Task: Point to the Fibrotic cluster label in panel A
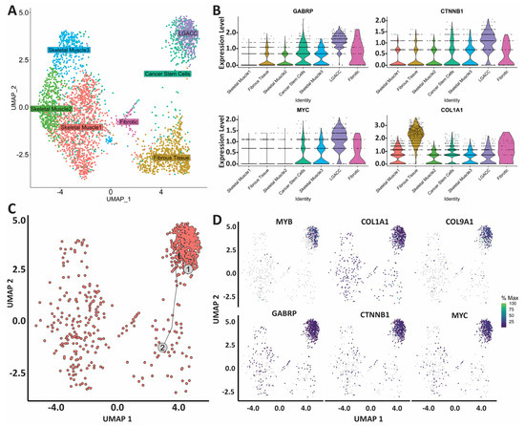coord(128,121)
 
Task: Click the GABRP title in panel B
coord(294,13)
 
